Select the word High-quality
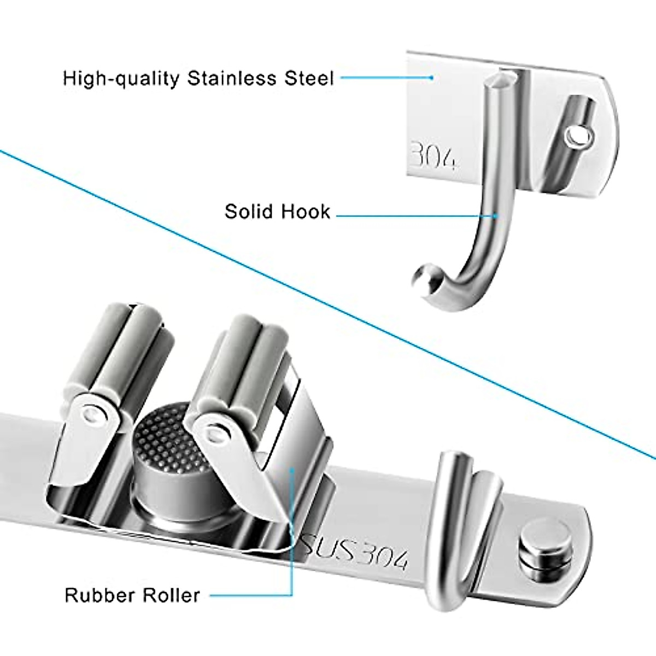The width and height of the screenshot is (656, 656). (121, 79)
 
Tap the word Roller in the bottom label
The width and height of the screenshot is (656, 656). (171, 595)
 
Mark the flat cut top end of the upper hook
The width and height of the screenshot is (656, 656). (501, 81)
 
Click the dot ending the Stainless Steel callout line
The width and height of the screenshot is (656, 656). (431, 78)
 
